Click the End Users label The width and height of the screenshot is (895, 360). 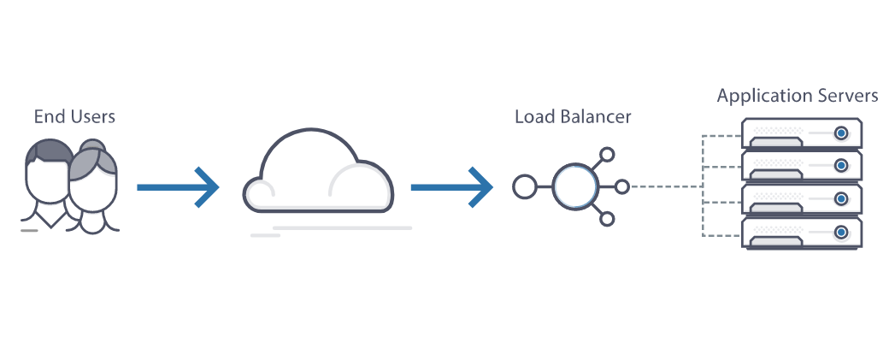click(x=74, y=116)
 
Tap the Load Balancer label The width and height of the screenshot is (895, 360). click(x=573, y=116)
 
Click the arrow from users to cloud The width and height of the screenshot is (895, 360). click(x=178, y=187)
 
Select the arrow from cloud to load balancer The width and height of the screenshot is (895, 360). click(x=452, y=187)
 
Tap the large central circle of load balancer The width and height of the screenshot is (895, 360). click(x=575, y=187)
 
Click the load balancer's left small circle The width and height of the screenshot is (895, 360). click(x=524, y=187)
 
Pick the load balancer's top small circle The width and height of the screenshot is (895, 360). click(x=607, y=154)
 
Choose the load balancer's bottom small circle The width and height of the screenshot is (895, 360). click(x=607, y=219)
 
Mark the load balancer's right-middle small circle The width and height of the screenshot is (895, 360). click(x=622, y=187)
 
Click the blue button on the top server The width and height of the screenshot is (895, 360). click(x=841, y=133)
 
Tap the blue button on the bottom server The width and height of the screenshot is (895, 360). click(x=841, y=233)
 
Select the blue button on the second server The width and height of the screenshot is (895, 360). click(x=841, y=166)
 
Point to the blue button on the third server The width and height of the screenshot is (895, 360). click(x=841, y=199)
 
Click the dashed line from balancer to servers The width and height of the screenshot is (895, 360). click(x=666, y=186)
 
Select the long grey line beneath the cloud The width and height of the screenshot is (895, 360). click(x=343, y=228)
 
